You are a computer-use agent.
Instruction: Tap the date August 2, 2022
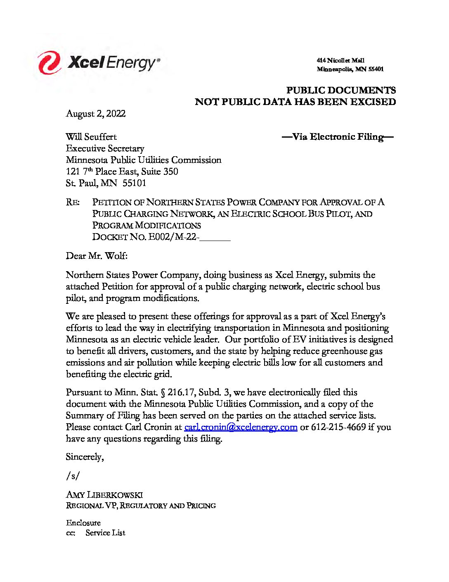click(96, 114)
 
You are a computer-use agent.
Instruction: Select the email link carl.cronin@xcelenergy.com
click(241, 427)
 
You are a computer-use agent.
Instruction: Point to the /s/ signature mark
click(73, 476)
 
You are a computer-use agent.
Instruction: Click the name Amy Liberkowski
click(104, 495)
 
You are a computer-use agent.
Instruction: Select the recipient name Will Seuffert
click(91, 137)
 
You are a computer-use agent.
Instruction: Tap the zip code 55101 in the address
click(134, 183)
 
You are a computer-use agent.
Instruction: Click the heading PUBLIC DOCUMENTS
click(341, 91)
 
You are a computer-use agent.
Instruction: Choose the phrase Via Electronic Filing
click(338, 137)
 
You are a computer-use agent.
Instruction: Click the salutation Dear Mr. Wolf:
click(97, 256)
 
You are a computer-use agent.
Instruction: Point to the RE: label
click(73, 203)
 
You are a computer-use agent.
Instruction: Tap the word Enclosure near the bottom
click(83, 523)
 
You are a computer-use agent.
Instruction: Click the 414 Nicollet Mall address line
click(340, 61)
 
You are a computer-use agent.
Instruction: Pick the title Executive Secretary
click(105, 148)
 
